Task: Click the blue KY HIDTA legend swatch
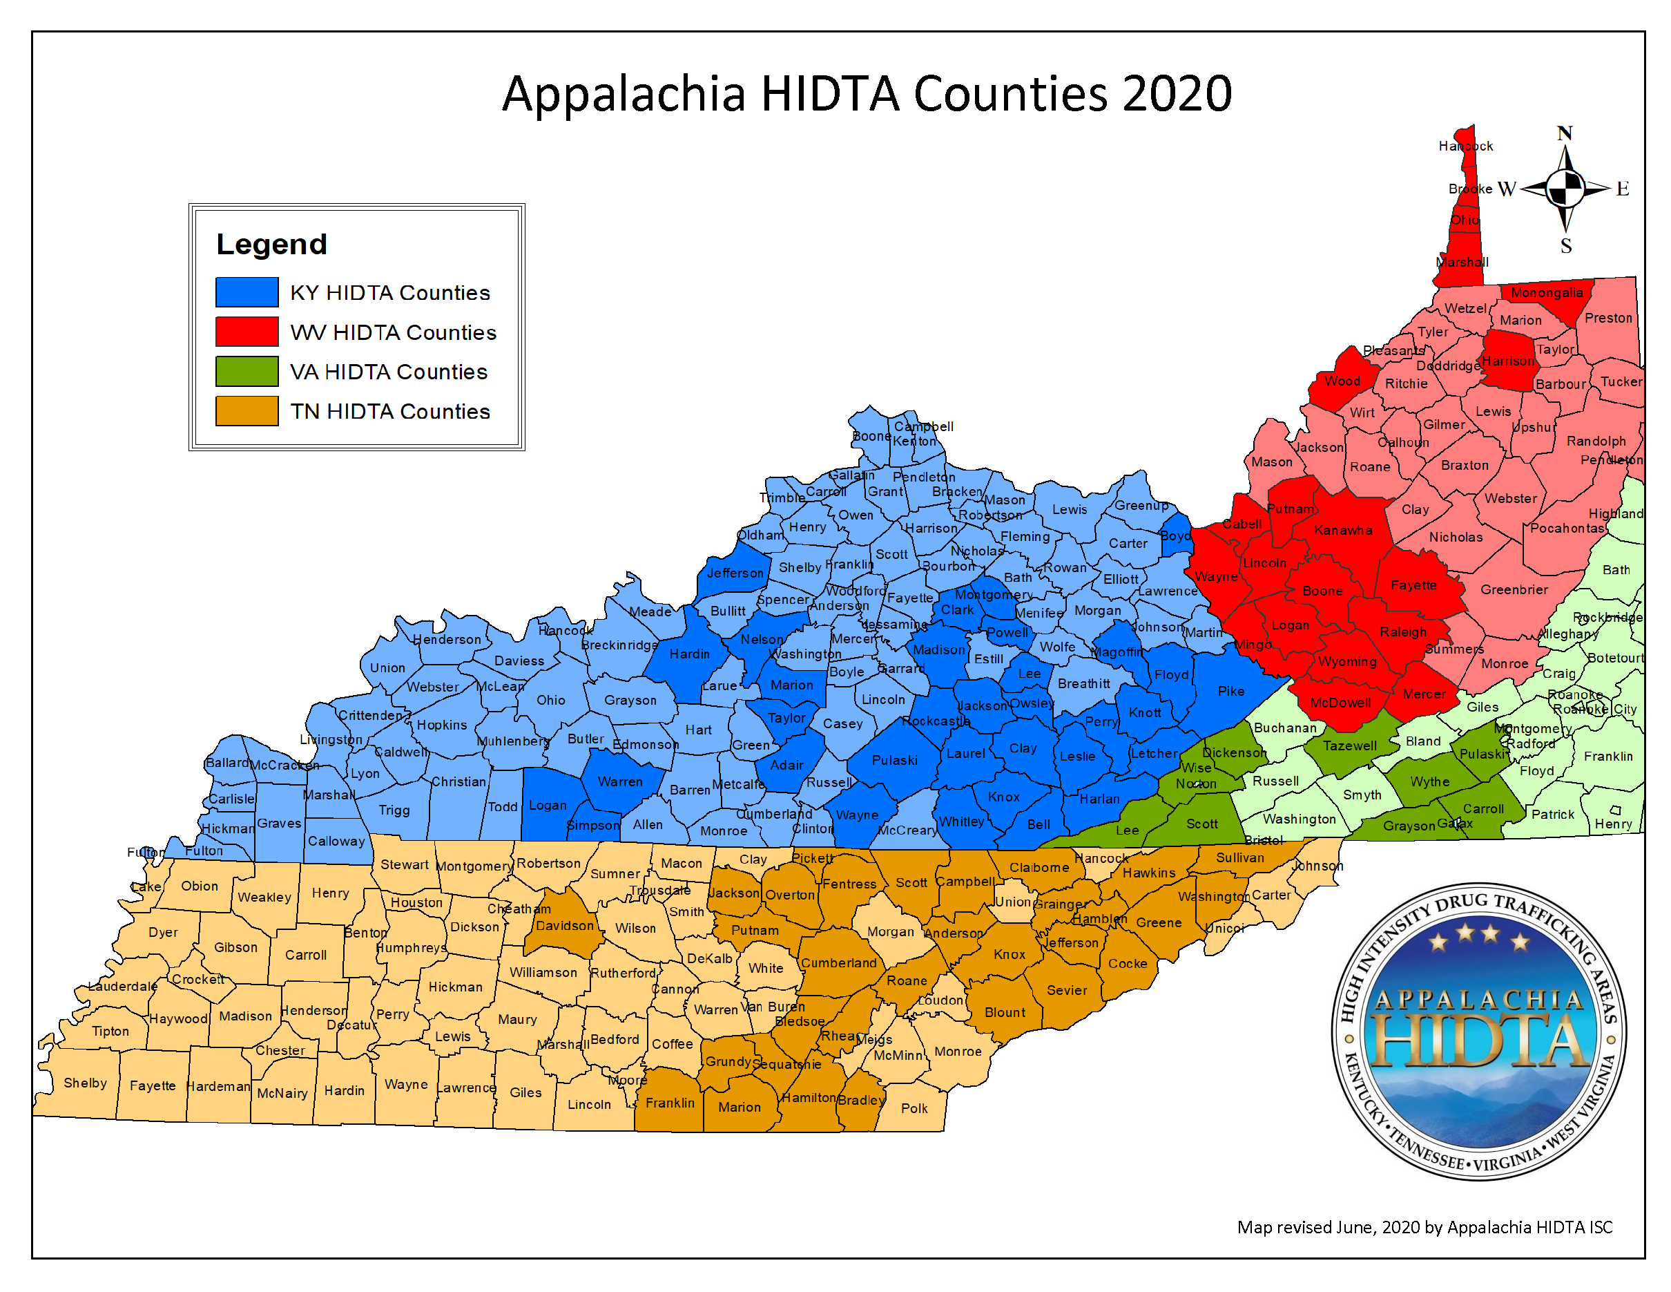coord(247,292)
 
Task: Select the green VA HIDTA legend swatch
coord(247,371)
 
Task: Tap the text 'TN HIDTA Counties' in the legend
coord(389,411)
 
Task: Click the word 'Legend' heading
coord(271,244)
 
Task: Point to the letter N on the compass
coord(1565,133)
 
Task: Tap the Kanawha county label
coord(1343,530)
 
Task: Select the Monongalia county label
coord(1546,292)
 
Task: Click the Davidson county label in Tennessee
coord(564,925)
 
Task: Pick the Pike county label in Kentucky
coord(1230,691)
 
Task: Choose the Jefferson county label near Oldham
coord(735,573)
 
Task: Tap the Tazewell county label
coord(1350,745)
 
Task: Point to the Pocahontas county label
coord(1566,528)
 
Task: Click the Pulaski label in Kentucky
coord(894,760)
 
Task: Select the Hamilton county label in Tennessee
coord(809,1097)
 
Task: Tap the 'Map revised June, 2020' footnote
coord(1424,1227)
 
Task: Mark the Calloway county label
coord(336,840)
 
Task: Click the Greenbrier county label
coord(1514,589)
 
